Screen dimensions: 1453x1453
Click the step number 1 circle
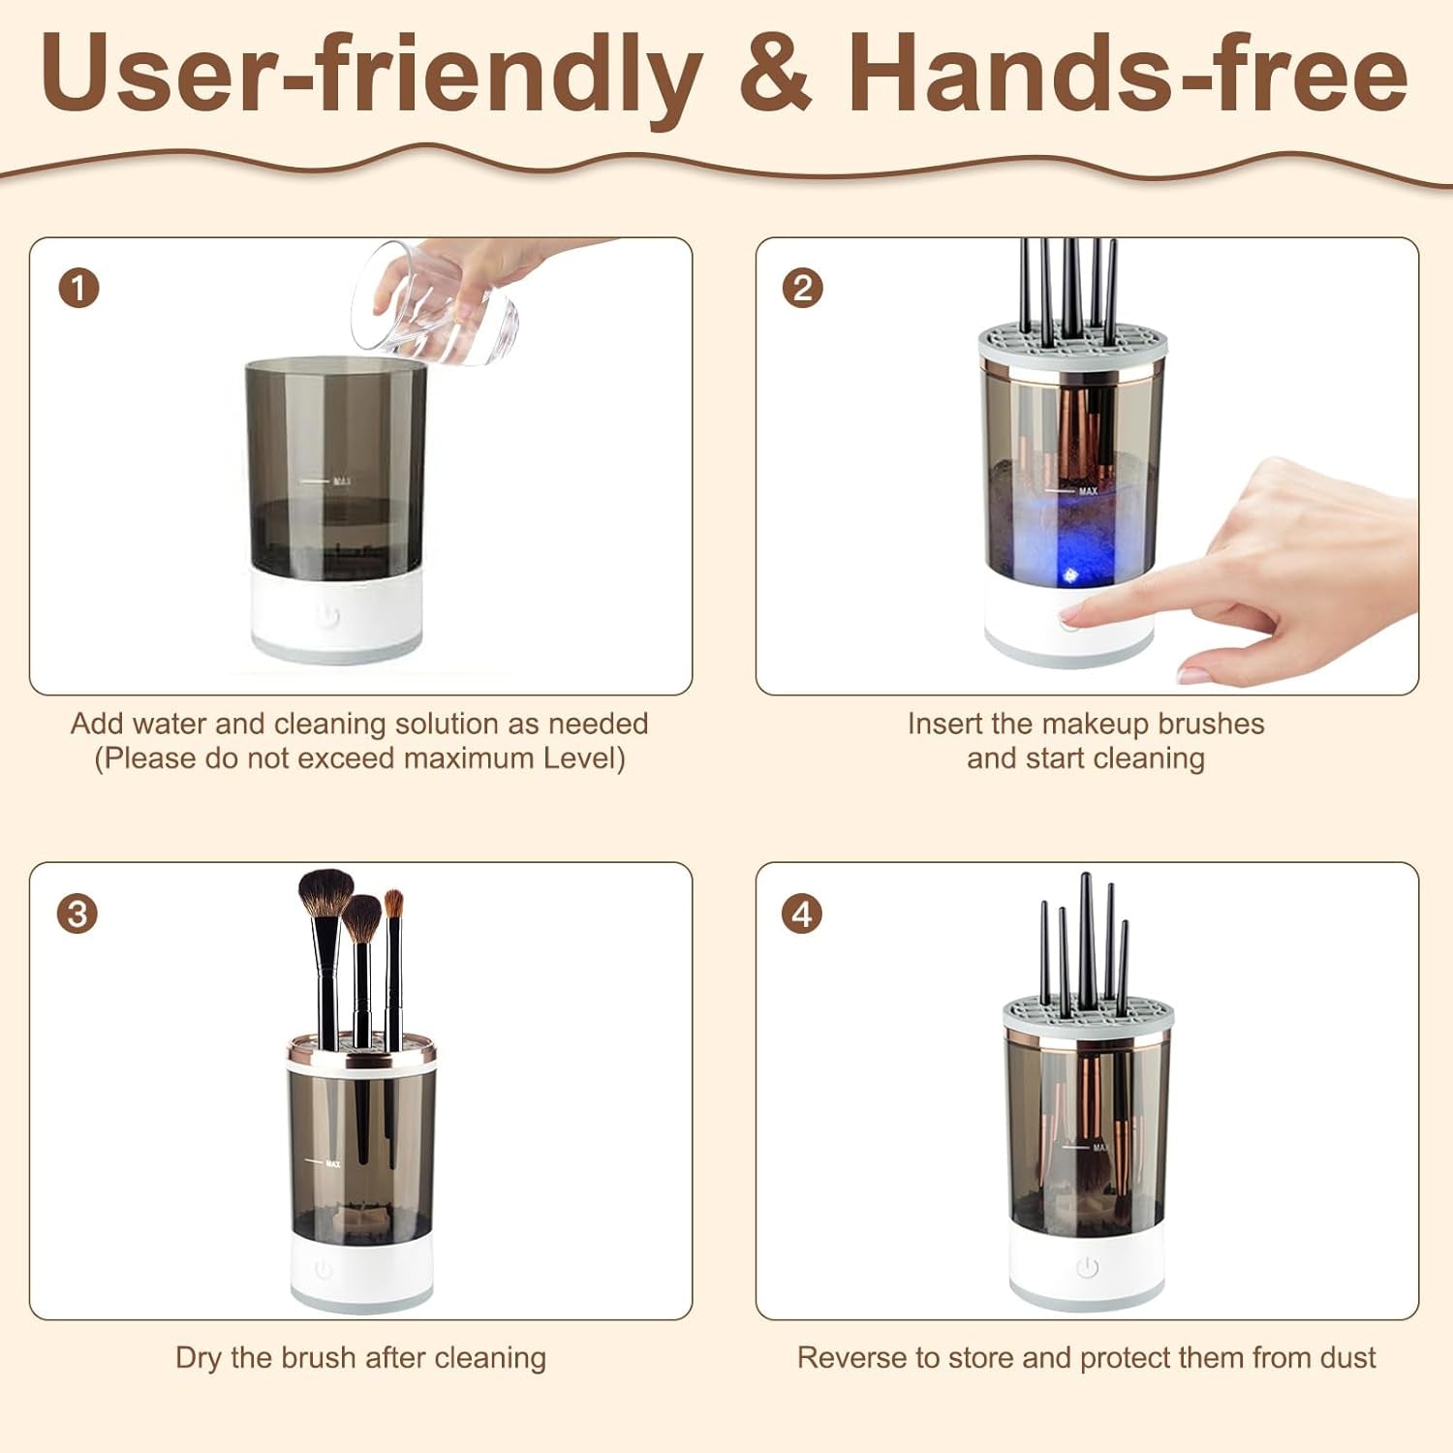(x=78, y=289)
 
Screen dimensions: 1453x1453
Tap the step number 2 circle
(x=802, y=289)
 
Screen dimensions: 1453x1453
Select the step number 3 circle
(x=77, y=913)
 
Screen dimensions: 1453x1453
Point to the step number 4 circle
(x=802, y=913)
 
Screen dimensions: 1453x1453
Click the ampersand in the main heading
(x=774, y=74)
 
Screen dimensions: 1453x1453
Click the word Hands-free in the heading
(x=1128, y=74)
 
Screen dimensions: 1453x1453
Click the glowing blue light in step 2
(x=1070, y=574)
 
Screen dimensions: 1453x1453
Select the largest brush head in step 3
(x=325, y=892)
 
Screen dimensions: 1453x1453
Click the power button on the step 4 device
(x=1087, y=1267)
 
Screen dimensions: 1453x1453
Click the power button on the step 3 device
(x=324, y=1269)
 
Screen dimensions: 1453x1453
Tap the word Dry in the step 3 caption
(x=198, y=1358)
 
